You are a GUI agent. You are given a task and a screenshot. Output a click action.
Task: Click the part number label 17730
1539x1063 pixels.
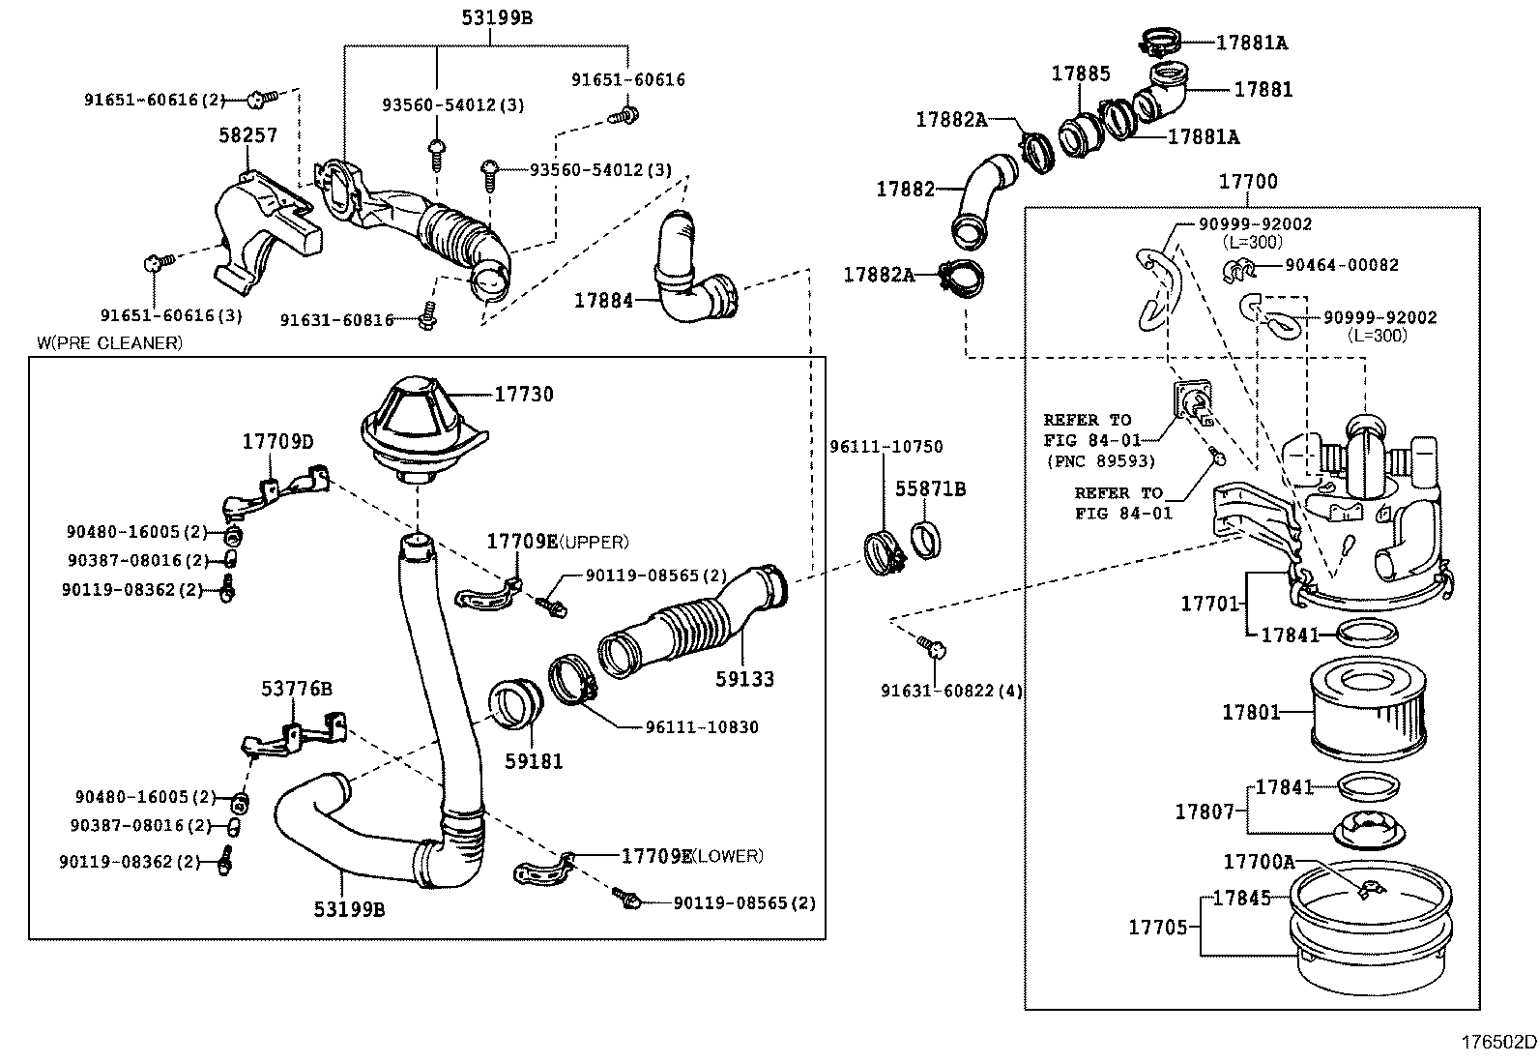524,395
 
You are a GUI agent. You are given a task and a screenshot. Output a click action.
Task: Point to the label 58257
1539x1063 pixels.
247,135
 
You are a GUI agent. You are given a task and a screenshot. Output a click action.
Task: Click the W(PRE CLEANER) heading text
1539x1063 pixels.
109,342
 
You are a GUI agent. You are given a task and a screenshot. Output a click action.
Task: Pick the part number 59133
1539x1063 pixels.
744,679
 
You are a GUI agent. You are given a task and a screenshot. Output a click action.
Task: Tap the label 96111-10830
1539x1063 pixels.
702,727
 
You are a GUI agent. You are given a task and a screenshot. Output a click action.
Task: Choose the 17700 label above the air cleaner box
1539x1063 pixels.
1247,182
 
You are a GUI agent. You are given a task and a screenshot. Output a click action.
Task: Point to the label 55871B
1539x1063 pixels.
930,489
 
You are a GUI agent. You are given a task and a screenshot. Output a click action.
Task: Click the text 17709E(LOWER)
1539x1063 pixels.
691,856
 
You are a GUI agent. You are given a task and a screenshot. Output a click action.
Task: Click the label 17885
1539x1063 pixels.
1081,74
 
